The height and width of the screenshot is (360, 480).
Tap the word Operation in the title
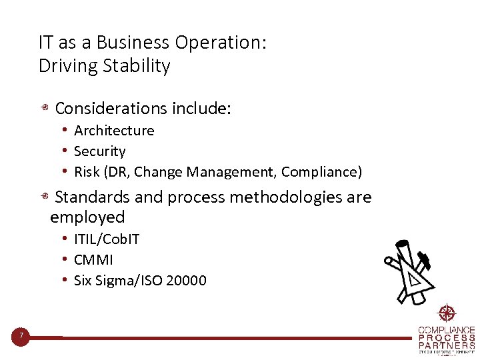point(220,43)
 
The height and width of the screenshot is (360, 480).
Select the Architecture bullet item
point(114,131)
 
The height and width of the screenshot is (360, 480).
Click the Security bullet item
point(99,151)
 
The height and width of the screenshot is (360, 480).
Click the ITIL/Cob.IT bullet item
point(107,239)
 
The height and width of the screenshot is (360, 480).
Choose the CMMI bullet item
point(93,260)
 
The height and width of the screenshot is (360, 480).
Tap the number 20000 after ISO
point(186,281)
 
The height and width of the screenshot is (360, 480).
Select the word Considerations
point(111,109)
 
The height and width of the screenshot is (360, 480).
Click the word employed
point(87,217)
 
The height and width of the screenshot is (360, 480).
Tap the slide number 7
point(21,336)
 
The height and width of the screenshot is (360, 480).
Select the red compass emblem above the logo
point(446,313)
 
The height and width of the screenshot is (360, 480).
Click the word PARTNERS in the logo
point(447,345)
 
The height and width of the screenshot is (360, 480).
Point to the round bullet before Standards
point(43,197)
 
